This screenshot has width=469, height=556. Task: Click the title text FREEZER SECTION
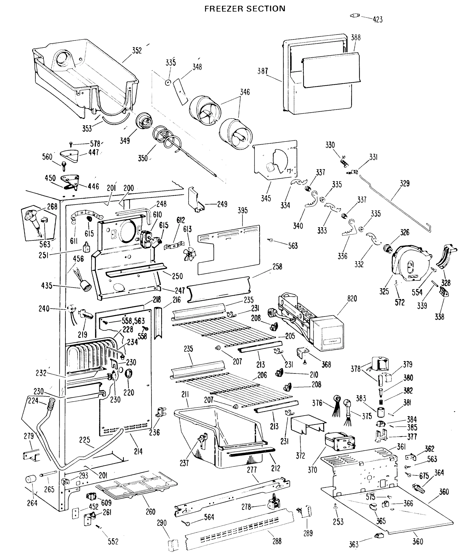[245, 9]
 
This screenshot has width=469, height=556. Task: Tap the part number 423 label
[378, 19]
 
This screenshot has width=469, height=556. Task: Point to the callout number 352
[137, 51]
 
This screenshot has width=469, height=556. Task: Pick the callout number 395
[242, 210]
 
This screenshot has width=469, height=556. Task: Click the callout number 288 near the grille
[277, 541]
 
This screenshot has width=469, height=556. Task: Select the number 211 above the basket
[185, 395]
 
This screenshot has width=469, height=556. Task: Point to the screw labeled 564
[187, 524]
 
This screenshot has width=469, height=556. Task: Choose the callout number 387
[262, 71]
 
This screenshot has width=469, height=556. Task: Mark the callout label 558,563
[133, 321]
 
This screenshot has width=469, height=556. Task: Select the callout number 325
[384, 291]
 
